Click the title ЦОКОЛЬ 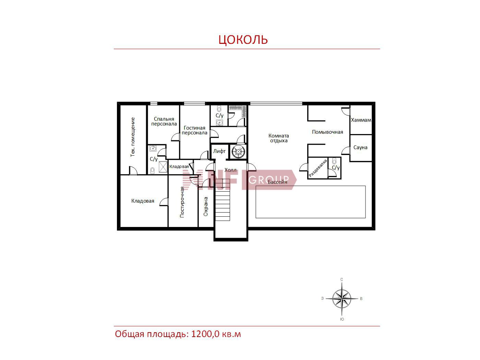(x=243, y=40)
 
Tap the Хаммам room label (x=361, y=120)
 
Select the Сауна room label (x=360, y=147)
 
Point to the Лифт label (x=219, y=151)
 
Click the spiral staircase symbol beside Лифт (x=239, y=152)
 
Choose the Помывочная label (x=327, y=132)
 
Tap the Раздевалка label (x=318, y=168)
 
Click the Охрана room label (x=206, y=206)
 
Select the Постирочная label (x=182, y=202)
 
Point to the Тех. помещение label (x=133, y=137)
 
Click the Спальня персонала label (x=164, y=121)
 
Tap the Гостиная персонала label (x=194, y=130)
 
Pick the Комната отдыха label (x=279, y=138)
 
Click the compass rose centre (x=342, y=299)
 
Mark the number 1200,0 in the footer (x=205, y=334)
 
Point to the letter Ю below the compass (x=342, y=319)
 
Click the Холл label (x=230, y=170)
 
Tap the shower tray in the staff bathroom (x=163, y=167)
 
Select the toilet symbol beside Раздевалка (x=334, y=161)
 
